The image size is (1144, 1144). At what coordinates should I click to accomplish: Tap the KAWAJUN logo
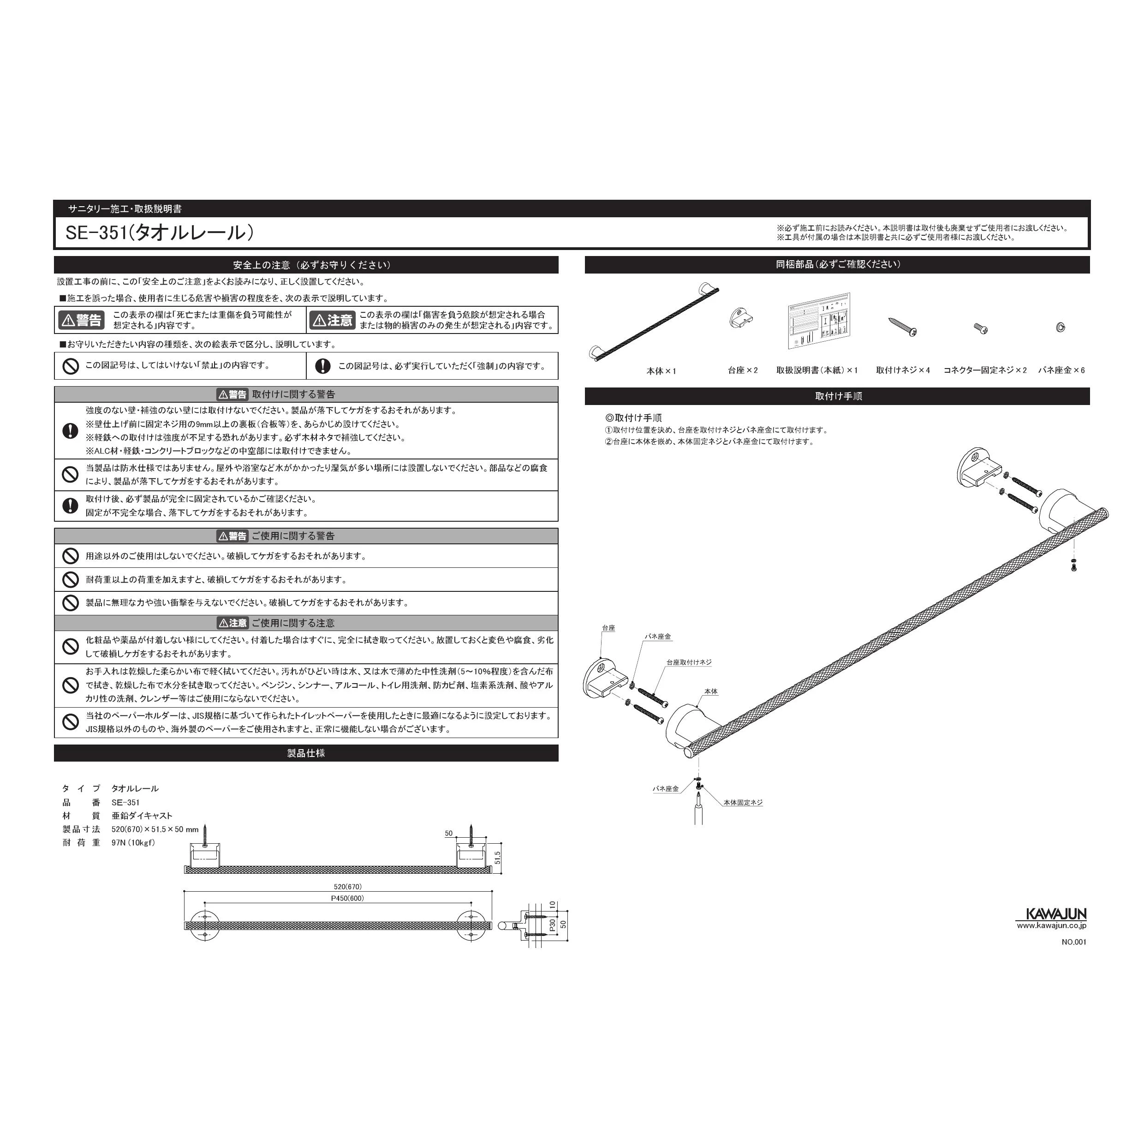point(1051,914)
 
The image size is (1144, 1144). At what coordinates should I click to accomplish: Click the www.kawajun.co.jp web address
point(1051,925)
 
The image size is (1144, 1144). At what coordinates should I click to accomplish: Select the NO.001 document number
point(1073,942)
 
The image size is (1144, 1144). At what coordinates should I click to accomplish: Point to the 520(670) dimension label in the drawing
point(347,887)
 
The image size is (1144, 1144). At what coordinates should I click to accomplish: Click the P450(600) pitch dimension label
point(347,898)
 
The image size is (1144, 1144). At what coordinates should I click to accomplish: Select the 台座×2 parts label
point(743,370)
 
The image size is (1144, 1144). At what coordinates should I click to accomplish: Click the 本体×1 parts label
point(661,371)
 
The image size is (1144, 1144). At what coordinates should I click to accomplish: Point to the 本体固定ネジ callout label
point(743,802)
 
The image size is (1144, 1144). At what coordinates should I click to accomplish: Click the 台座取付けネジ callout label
point(689,662)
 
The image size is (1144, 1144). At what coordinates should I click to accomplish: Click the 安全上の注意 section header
point(305,265)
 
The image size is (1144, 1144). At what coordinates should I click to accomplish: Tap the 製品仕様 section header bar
point(305,753)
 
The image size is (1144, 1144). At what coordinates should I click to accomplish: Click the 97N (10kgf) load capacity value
point(133,843)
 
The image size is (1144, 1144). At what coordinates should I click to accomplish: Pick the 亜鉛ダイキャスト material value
point(142,816)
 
